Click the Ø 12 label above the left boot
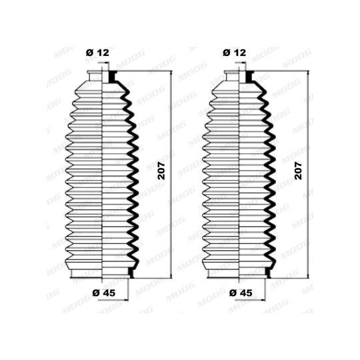(x=97, y=53)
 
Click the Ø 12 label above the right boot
(x=234, y=53)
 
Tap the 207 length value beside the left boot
(x=162, y=171)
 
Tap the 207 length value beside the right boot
(x=298, y=171)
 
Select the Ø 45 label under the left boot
(x=104, y=293)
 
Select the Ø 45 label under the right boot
(x=241, y=293)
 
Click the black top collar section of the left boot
(x=112, y=77)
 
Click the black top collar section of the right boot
(x=249, y=77)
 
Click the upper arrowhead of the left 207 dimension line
(x=171, y=73)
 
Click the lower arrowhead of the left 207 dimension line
(x=171, y=275)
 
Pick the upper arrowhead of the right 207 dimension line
(x=307, y=73)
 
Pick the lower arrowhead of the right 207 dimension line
(x=307, y=275)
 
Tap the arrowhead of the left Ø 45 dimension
(x=125, y=299)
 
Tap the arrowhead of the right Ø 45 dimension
(x=263, y=299)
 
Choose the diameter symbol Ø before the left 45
(x=96, y=293)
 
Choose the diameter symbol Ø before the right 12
(x=227, y=53)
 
